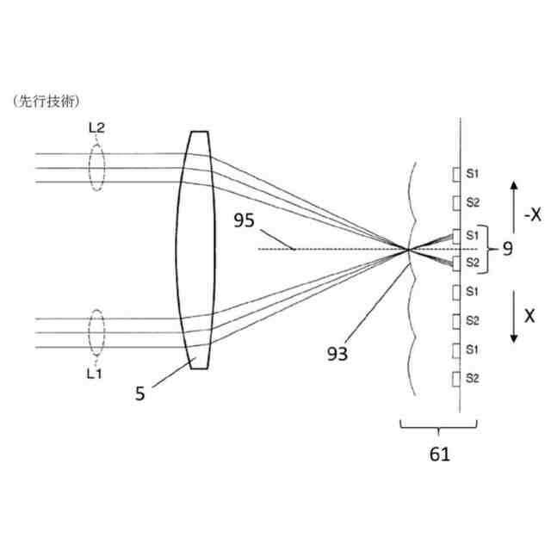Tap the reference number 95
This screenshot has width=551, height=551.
click(x=245, y=221)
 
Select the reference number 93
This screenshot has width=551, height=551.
click(x=337, y=352)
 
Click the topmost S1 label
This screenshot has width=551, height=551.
click(x=473, y=174)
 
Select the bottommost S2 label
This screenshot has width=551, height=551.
click(x=473, y=378)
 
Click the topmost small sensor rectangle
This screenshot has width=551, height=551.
click(x=457, y=174)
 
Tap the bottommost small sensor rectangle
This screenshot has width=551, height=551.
click(x=457, y=378)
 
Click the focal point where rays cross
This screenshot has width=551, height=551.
click(x=407, y=250)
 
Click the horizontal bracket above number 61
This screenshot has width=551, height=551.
click(x=438, y=425)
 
